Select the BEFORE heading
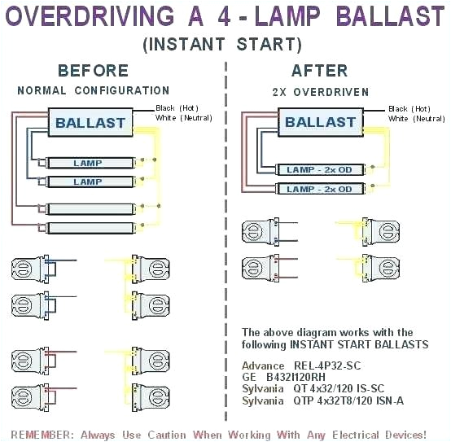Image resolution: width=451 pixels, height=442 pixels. [93, 71]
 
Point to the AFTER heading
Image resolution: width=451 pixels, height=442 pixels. [319, 71]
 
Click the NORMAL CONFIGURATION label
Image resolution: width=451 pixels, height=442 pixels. [93, 90]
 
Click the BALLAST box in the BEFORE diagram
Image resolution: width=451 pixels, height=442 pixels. [90, 124]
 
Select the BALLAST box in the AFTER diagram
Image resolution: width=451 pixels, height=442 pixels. [320, 123]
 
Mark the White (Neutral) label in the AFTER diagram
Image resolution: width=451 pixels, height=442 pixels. [416, 119]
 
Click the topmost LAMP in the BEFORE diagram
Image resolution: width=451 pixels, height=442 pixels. [88, 164]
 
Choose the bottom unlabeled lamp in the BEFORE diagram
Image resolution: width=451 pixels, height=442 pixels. [88, 228]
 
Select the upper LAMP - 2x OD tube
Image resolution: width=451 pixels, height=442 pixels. [319, 169]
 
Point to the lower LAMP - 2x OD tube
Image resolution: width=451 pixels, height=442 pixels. [319, 189]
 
